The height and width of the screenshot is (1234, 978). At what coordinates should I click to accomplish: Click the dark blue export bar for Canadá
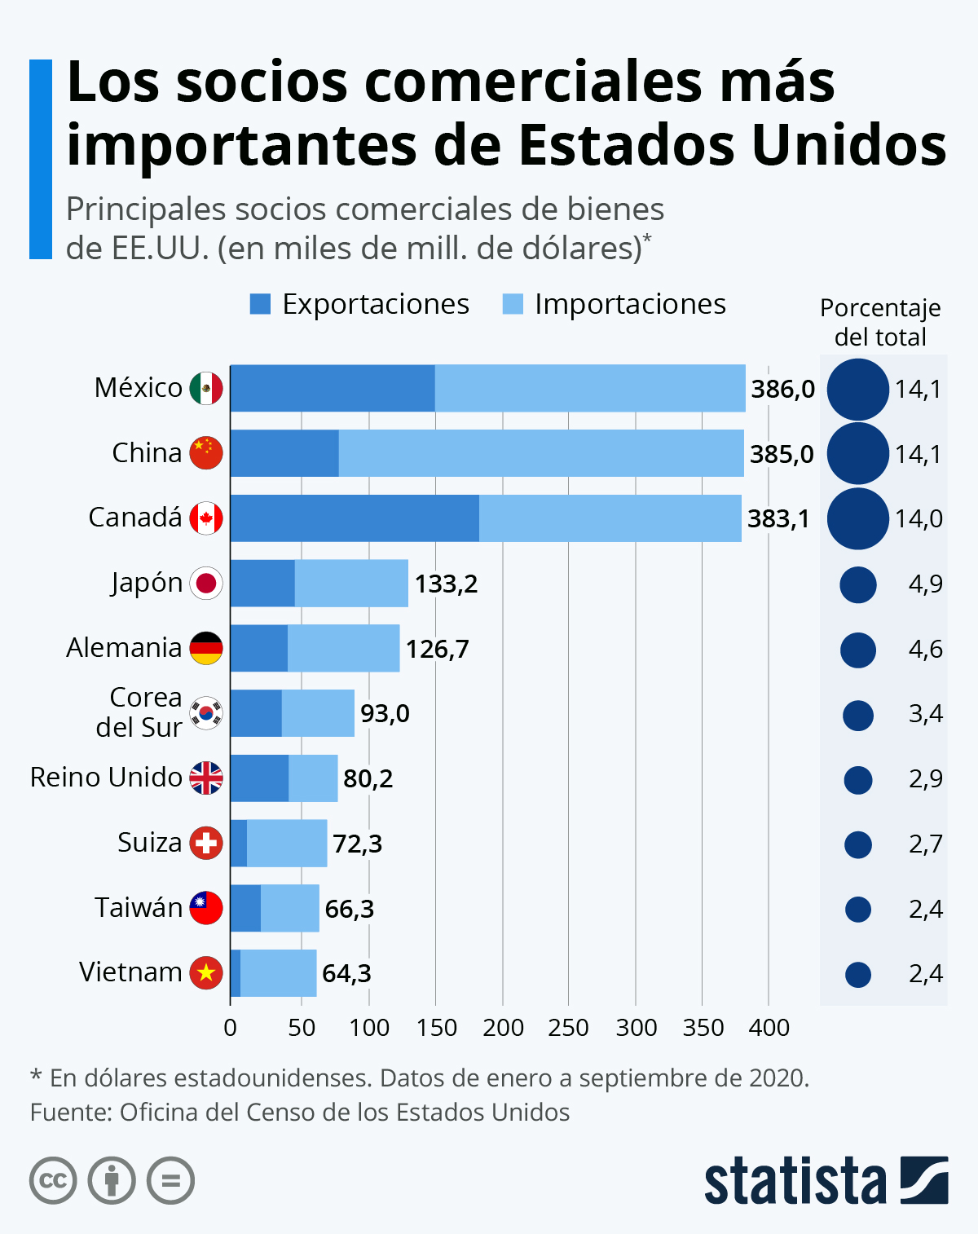[355, 518]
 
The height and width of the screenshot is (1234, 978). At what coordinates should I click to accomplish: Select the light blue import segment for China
[541, 453]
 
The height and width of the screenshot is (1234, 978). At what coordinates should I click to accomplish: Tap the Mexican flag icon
[206, 388]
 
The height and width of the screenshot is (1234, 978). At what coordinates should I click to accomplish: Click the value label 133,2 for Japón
[446, 584]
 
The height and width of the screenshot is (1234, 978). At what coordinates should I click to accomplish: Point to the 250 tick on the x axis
[569, 1028]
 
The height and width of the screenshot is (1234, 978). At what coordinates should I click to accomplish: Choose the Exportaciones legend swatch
[260, 304]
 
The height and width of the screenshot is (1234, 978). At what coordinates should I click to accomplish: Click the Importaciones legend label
[630, 304]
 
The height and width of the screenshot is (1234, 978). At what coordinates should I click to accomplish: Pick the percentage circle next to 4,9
[858, 584]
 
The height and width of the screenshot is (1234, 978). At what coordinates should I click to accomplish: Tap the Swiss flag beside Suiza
[206, 843]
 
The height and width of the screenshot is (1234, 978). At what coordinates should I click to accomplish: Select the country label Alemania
[124, 648]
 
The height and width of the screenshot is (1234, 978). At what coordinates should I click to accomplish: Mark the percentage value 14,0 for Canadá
[919, 518]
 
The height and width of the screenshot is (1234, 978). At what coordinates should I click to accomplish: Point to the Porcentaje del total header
[880, 323]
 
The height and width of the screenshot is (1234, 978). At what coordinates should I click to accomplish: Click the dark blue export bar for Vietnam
[236, 973]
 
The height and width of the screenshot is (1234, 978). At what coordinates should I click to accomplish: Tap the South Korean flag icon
[206, 713]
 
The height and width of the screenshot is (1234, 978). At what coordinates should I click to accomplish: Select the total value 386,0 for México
[782, 389]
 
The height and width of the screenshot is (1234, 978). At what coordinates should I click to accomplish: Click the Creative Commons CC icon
[53, 1180]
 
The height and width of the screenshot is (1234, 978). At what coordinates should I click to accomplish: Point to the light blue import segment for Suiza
[287, 844]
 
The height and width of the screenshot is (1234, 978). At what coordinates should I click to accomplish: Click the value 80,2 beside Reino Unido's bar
[368, 778]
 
